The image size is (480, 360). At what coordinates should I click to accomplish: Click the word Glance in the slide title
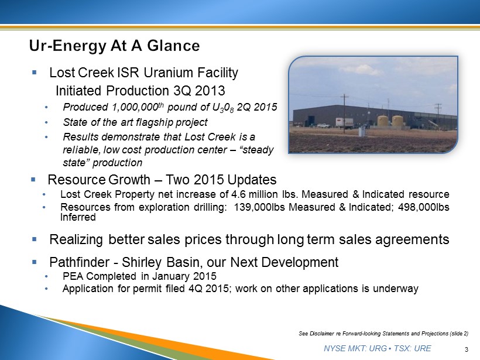tap(174, 46)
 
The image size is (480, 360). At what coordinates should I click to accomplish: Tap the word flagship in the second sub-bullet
tap(151, 122)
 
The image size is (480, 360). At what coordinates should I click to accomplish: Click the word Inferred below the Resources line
tap(78, 217)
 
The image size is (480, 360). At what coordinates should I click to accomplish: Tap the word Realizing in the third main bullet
tap(76, 239)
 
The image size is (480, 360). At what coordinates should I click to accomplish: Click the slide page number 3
tap(467, 349)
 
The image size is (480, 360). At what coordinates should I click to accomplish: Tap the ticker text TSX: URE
tap(413, 348)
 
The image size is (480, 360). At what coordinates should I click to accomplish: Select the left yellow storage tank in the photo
tap(383, 121)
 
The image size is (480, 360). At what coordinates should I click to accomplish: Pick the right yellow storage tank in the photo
tap(397, 121)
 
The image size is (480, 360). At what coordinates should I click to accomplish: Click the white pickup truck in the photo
tap(324, 125)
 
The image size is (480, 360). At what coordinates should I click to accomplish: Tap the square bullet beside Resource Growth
tap(33, 179)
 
